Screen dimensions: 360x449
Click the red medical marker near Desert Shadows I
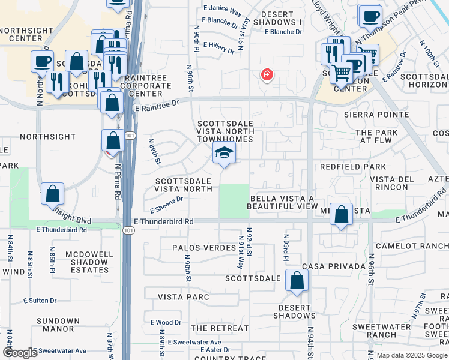(266, 75)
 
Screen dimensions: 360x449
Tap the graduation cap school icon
(224, 154)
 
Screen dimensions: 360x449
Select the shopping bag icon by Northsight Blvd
(53, 194)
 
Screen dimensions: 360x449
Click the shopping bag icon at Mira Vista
(341, 215)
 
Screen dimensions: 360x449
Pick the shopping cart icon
(341, 73)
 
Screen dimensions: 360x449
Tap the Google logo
(20, 353)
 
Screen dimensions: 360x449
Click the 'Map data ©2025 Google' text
(412, 355)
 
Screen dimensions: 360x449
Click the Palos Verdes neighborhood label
(203, 247)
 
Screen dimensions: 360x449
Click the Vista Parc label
(183, 297)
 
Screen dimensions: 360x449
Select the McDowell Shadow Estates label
(89, 262)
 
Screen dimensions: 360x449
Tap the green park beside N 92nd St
(233, 201)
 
